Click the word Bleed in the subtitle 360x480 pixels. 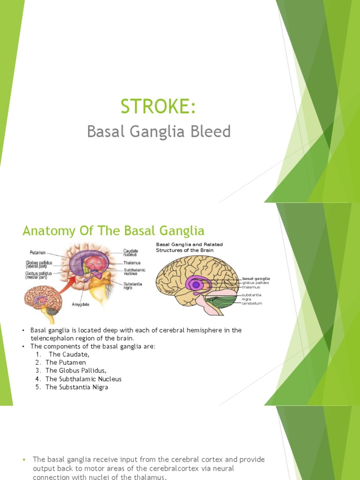214,132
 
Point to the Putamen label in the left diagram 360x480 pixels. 37,252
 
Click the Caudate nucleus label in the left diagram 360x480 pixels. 131,253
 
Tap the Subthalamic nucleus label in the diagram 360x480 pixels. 135,272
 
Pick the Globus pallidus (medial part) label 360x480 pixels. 39,275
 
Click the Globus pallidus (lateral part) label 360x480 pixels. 38,264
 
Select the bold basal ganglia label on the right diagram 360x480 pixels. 256,278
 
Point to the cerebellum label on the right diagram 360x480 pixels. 252,303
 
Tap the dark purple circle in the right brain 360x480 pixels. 195,285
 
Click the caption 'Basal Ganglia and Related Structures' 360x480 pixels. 189,247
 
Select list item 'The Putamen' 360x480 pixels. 58,362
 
